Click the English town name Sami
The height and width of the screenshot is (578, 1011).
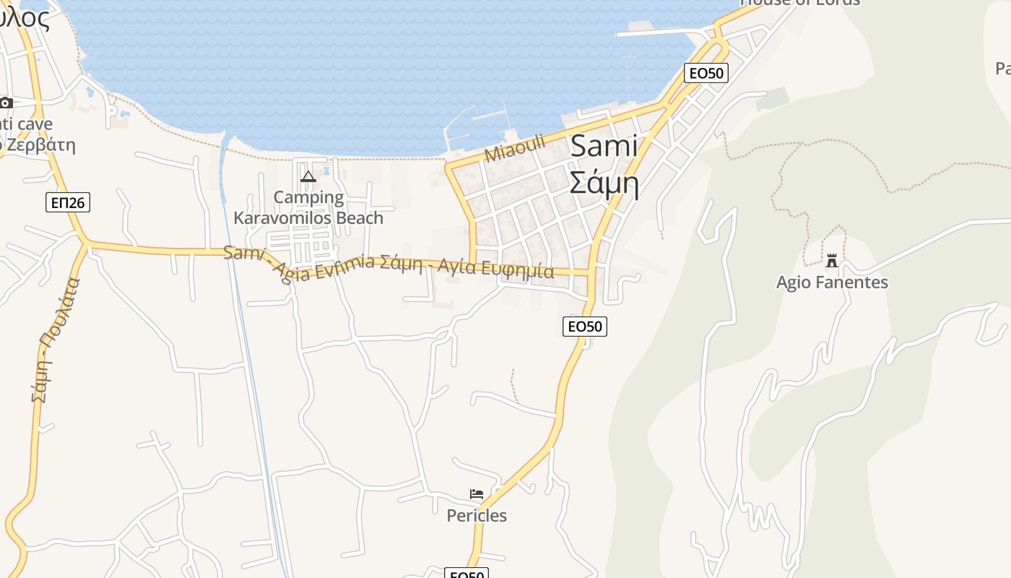pos(604,147)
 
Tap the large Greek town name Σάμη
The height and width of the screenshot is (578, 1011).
pos(604,184)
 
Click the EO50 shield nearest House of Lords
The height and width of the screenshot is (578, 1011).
pos(706,72)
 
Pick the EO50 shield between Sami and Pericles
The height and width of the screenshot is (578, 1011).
pos(584,327)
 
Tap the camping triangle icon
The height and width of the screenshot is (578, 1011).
pos(308,176)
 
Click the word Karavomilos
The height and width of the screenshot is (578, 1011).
pos(285,217)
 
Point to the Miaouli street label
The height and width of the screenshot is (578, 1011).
pos(515,148)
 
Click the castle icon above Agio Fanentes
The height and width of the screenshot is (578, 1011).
pos(832,261)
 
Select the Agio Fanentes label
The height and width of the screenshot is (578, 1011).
pos(832,282)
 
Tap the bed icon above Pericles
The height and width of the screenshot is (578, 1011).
pos(477,494)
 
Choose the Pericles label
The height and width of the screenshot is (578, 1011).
pos(477,515)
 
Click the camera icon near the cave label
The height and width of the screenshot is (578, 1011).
pos(6,103)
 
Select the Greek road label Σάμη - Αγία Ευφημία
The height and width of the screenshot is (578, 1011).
pos(476,267)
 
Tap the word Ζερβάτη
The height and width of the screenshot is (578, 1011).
pos(40,144)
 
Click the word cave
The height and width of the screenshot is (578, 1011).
pos(35,124)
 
